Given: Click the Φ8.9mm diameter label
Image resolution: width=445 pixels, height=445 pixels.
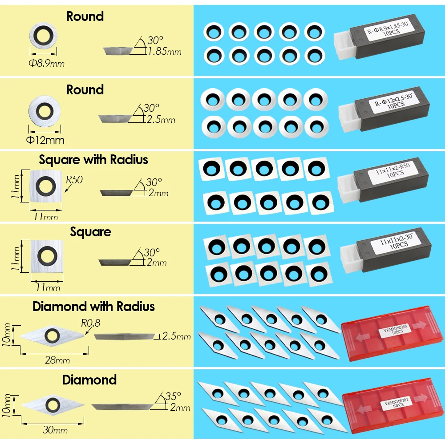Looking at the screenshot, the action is [47, 63].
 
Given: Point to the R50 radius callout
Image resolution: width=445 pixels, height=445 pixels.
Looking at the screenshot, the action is [74, 180].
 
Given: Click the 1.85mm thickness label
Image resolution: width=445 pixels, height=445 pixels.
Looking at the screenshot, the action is [164, 51].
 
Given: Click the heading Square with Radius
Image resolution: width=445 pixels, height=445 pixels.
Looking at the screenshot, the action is [93, 160].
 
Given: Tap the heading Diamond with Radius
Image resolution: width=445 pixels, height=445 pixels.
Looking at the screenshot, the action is [93, 307].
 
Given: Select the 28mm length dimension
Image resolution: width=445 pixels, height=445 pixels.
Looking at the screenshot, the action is [57, 360].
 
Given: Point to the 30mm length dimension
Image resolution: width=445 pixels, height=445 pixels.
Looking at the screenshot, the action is [55, 430].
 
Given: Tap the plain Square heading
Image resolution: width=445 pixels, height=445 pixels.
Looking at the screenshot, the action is [90, 232].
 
